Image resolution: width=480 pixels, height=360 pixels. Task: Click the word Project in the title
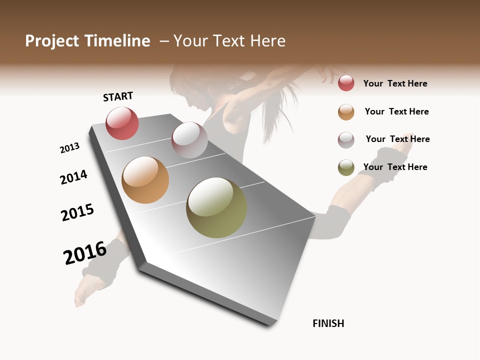(x=51, y=41)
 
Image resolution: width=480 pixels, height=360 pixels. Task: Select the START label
(x=118, y=96)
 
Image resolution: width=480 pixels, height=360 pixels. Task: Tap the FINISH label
(x=328, y=323)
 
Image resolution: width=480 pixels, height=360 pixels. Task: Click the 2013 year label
(x=69, y=148)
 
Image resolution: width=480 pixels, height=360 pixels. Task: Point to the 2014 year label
(x=73, y=177)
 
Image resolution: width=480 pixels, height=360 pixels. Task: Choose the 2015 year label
(x=77, y=212)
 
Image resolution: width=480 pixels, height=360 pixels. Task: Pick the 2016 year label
(x=85, y=252)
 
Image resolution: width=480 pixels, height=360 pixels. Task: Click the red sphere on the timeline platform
(x=122, y=123)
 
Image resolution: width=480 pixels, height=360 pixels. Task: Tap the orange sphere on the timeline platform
(x=145, y=180)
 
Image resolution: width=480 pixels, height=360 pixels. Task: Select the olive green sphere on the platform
(x=216, y=207)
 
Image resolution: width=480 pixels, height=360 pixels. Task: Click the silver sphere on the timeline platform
(x=189, y=140)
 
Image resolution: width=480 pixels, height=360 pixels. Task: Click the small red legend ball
(x=346, y=83)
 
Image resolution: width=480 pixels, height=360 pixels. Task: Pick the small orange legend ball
(x=346, y=112)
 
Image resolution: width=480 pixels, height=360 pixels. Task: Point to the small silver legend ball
(x=346, y=140)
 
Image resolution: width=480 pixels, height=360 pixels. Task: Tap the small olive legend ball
(x=346, y=167)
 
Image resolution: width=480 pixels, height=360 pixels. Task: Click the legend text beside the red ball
(x=395, y=83)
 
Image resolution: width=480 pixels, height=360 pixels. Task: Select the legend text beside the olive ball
(x=395, y=167)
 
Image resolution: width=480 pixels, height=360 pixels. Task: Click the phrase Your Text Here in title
(x=229, y=41)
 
